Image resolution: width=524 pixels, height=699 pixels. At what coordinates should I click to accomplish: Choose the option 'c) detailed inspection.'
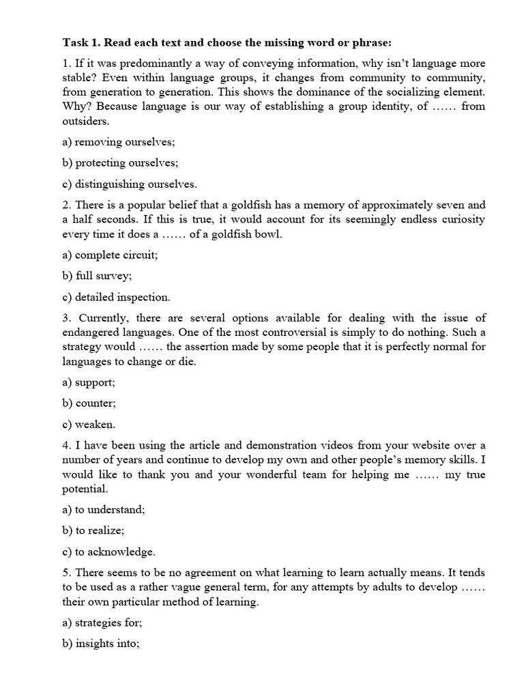[117, 297]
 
